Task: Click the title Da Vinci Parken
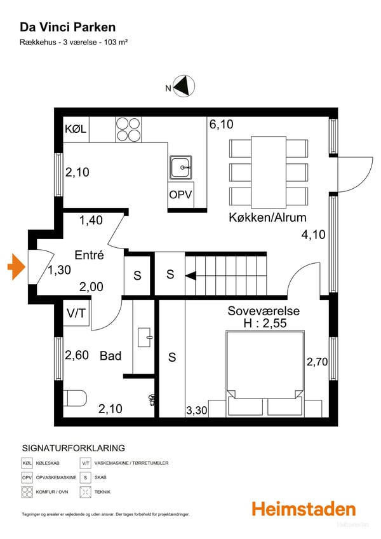68,27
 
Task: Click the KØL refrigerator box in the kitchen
75,130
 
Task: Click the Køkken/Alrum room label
267,217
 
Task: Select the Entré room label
89,255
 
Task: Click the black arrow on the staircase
190,275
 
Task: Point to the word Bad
110,356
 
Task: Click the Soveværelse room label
264,311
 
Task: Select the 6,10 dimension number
221,125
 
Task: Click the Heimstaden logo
304,509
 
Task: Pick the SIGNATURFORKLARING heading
73,448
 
